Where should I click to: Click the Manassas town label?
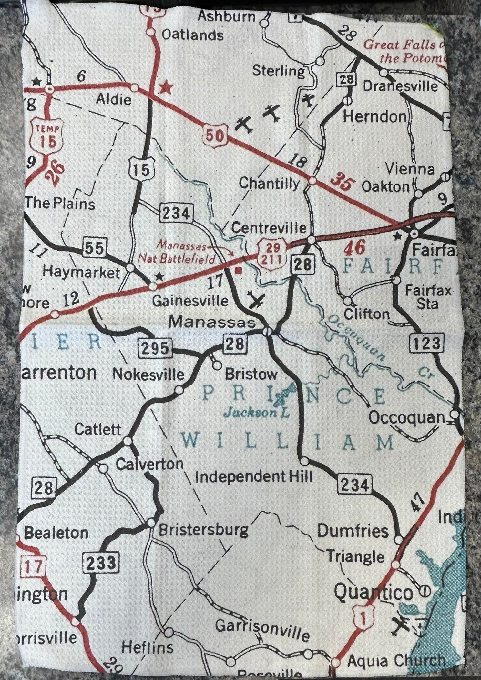pos(212,322)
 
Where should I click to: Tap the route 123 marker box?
pos(426,344)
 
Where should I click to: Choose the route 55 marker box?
pos(95,248)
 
